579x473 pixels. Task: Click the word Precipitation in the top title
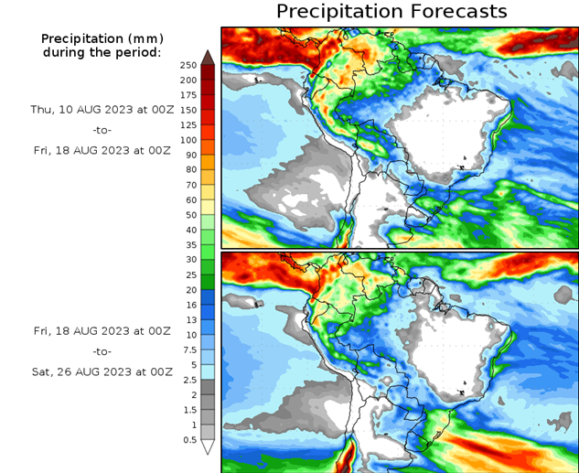340,12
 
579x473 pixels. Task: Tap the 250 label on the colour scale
188,65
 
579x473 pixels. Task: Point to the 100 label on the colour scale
188,140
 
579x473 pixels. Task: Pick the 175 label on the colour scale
188,95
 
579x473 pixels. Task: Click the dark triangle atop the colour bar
208,58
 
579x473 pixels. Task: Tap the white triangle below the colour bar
208,446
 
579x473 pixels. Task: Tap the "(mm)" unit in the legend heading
141,38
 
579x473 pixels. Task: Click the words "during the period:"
102,52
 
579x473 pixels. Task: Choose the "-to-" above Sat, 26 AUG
102,351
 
